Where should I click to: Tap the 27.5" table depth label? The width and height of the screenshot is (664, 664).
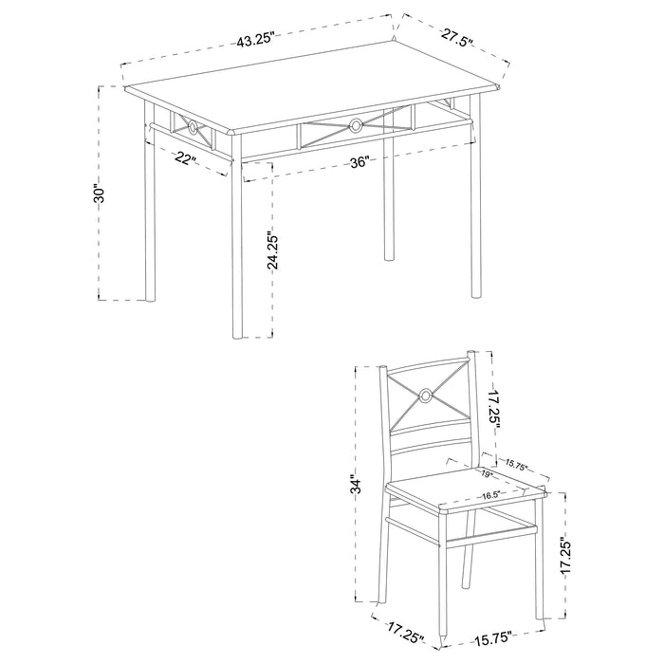pos(456,38)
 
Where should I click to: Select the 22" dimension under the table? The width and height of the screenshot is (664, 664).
pos(185,158)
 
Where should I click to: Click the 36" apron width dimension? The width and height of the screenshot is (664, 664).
pos(359,162)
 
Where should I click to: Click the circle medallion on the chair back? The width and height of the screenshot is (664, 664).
pos(426,397)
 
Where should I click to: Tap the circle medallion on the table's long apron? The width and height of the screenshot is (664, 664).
pos(356,124)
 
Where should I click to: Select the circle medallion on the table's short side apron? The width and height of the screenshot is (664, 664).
pos(191,127)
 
